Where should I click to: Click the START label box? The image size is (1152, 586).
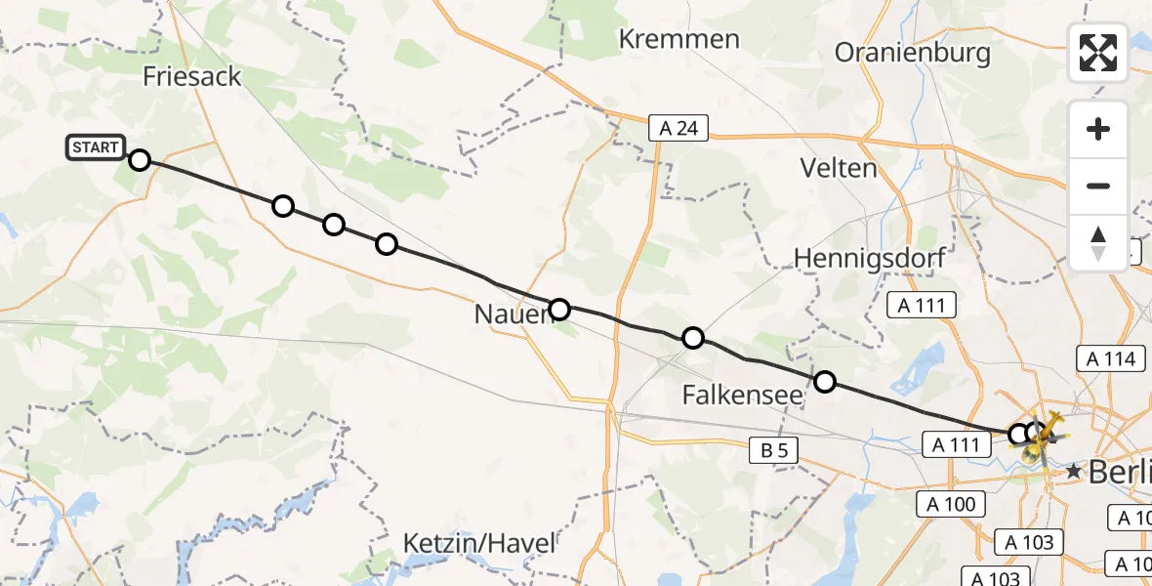coord(96,147)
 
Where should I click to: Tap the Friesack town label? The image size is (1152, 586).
coord(191,77)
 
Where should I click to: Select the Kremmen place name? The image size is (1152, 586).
coord(679,39)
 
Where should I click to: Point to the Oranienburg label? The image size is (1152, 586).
coord(913,53)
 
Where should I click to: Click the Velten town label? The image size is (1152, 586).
coord(839,168)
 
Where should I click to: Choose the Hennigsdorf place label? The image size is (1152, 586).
coord(858,258)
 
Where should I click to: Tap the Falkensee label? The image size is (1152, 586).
coord(742,396)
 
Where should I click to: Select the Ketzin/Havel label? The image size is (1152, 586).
coord(479,543)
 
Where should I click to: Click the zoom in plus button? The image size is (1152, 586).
coord(1098,130)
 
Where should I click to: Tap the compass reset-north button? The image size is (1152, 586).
coord(1098,243)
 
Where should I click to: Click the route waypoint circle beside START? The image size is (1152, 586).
coord(140,160)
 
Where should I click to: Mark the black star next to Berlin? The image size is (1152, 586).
coord(1074,472)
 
